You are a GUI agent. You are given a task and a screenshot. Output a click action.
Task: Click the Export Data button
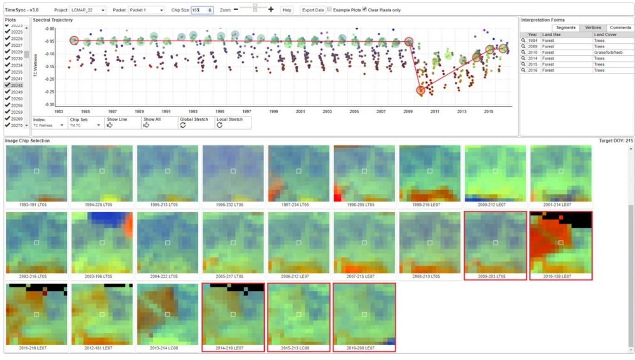coord(312,10)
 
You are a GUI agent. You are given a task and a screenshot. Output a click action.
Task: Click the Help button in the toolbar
coord(287,10)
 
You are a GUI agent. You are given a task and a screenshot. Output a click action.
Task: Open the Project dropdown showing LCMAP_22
coord(87,10)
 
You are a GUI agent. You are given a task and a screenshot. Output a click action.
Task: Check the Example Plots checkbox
coord(329,9)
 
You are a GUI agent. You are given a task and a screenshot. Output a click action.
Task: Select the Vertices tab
coord(593,27)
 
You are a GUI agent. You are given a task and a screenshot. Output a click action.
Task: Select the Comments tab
coord(620,27)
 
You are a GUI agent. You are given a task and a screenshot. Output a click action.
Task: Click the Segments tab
coord(565,27)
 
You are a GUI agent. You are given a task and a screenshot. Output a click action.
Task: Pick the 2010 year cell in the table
coord(532,52)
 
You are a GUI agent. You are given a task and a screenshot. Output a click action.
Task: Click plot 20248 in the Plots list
coord(17,85)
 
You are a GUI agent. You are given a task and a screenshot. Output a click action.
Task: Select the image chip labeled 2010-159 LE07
coord(561,242)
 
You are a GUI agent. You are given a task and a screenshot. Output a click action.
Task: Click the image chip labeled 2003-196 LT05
coord(102,242)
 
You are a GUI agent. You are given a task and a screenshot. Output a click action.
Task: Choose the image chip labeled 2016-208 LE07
coord(364,314)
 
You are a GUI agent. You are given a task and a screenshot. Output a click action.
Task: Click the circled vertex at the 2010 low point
coord(421,90)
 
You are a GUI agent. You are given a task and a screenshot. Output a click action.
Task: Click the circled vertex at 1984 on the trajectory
coord(74,40)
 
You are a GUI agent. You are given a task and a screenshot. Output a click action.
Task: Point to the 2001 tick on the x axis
coord(301,111)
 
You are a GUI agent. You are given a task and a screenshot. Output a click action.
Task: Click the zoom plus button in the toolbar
coord(271,9)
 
